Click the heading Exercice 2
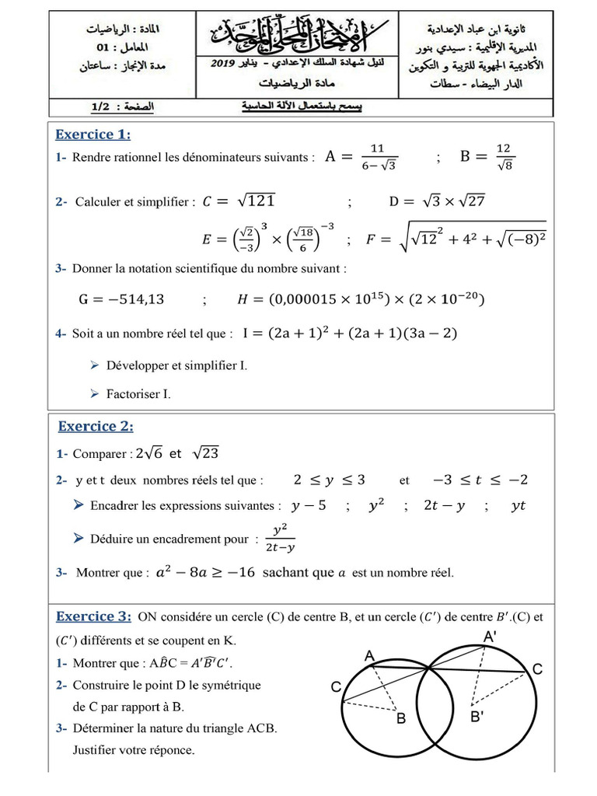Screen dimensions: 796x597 point(96,426)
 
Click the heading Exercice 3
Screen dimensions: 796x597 point(93,616)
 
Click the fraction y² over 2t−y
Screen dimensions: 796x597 point(280,539)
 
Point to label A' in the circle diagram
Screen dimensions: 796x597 point(491,637)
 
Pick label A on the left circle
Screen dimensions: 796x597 point(370,657)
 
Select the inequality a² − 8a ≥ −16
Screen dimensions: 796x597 point(204,573)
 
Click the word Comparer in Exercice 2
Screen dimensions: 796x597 point(100,453)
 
